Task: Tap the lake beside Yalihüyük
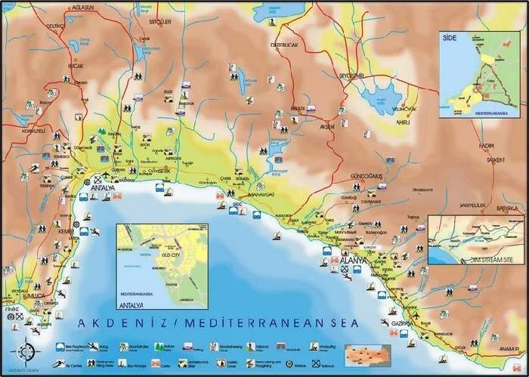(x=382, y=97)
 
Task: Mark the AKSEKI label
(x=327, y=126)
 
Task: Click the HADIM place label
(x=487, y=145)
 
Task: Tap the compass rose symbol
(x=26, y=351)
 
